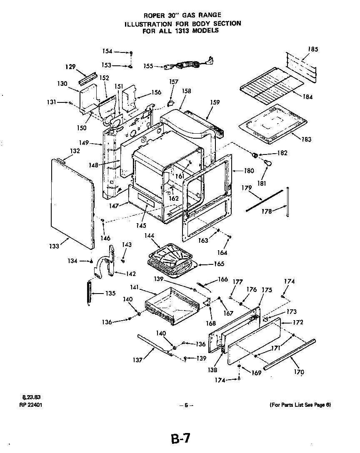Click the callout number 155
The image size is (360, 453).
pyautogui.click(x=148, y=65)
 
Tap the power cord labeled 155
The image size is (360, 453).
pyautogui.click(x=187, y=65)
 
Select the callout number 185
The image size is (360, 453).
pyautogui.click(x=313, y=49)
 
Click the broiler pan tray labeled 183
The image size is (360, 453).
pyautogui.click(x=273, y=122)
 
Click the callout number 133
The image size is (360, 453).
pyautogui.click(x=54, y=246)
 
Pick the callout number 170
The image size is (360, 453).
pyautogui.click(x=299, y=372)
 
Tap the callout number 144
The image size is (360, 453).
pyautogui.click(x=149, y=236)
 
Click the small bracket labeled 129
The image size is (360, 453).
pyautogui.click(x=86, y=78)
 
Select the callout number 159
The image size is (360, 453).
pyautogui.click(x=215, y=102)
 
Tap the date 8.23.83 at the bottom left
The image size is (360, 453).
pyautogui.click(x=29, y=397)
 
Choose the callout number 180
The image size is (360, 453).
pyautogui.click(x=249, y=170)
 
